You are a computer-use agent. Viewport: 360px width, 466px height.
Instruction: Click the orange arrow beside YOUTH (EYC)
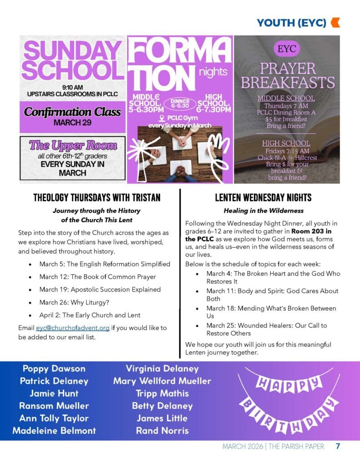(335, 22)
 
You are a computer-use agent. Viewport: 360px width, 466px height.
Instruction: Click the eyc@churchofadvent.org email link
(73, 328)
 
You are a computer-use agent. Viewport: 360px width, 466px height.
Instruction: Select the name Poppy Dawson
(54, 369)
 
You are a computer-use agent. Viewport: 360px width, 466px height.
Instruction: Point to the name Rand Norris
(162, 431)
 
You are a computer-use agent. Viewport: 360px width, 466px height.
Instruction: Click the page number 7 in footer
(338, 446)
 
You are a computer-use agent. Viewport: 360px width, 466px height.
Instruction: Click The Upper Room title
(73, 146)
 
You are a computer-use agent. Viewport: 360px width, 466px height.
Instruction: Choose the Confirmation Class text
(73, 112)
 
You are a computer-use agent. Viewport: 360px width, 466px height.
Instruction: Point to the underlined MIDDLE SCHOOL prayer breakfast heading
(286, 98)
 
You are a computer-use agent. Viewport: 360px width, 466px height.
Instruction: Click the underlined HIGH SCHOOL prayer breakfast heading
(286, 143)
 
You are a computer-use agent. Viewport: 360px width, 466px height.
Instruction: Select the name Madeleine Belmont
(54, 431)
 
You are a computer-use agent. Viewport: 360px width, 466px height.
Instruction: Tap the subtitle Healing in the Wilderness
(263, 211)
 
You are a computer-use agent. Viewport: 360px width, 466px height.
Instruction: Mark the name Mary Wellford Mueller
(162, 381)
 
